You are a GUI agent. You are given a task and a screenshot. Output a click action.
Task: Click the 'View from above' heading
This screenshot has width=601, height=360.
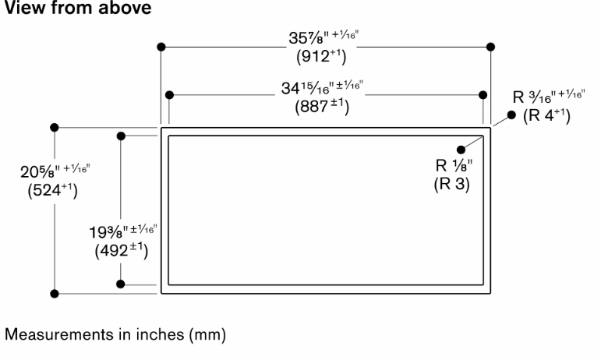point(78,8)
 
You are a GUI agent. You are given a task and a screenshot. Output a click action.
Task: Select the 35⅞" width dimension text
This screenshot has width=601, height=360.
point(323,37)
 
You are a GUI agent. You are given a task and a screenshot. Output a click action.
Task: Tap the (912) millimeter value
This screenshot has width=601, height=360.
point(321,57)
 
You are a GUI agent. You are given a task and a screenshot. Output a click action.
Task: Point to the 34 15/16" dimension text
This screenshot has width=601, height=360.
point(322,87)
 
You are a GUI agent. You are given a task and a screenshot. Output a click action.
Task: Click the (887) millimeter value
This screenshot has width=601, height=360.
point(322,107)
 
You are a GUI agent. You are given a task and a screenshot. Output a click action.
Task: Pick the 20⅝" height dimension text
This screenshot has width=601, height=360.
point(55,171)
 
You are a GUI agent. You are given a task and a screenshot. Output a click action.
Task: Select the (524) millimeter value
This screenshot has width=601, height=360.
point(52,190)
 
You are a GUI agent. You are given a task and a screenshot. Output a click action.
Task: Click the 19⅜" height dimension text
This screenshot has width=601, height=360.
point(123,231)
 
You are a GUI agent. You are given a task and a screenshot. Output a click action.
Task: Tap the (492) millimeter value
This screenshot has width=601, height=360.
point(122,251)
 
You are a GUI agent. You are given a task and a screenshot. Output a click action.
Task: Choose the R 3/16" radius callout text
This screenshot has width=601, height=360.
point(549,97)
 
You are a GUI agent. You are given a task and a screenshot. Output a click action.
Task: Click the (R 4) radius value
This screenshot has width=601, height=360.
point(546,115)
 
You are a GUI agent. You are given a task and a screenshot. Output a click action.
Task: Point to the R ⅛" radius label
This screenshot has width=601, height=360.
point(454,165)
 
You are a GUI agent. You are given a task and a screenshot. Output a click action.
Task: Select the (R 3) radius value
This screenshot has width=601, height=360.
point(452,184)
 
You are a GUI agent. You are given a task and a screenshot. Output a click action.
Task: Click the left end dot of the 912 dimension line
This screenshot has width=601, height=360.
point(161,47)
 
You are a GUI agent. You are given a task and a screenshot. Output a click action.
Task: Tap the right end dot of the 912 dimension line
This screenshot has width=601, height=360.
point(490,47)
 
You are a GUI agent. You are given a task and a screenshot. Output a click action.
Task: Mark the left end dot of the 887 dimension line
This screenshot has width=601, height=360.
point(169,94)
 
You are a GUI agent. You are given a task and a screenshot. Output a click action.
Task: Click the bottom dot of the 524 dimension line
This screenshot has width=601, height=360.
point(55,294)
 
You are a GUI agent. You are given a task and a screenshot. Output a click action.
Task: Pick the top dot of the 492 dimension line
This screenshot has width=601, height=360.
point(121,136)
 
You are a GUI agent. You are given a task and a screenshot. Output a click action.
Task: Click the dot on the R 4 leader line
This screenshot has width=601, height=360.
point(511,115)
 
